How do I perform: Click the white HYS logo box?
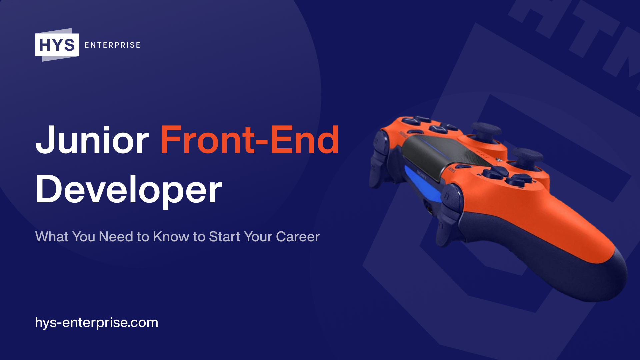coord(57,45)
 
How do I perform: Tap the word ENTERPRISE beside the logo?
coord(112,45)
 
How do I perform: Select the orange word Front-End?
coord(249,140)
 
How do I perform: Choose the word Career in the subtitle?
coord(298,237)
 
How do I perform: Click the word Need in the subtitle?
coord(116,237)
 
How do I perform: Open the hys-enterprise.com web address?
coord(97,323)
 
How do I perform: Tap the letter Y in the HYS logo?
coord(57,45)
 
